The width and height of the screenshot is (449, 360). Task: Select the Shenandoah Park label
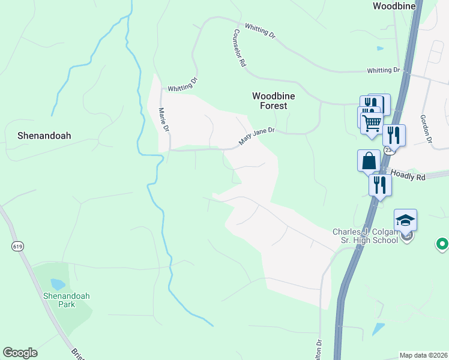[x=59, y=300]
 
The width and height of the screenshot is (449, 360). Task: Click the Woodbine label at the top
[x=394, y=7]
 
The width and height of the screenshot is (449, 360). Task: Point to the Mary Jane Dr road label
[x=256, y=136]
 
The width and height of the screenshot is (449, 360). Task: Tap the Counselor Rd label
[x=240, y=48]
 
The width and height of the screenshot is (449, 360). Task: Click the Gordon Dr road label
[x=427, y=129]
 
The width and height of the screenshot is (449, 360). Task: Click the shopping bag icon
[x=369, y=161]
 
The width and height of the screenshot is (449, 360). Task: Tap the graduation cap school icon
[x=405, y=220]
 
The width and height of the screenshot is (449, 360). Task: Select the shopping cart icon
[x=372, y=122]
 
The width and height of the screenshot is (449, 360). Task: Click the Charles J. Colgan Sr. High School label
[x=366, y=236]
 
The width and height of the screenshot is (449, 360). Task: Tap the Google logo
[x=20, y=353]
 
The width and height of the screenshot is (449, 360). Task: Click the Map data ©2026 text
[x=423, y=355]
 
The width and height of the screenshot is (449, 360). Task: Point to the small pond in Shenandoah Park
[x=58, y=284]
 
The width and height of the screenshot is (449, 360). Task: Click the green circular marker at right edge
[x=442, y=244]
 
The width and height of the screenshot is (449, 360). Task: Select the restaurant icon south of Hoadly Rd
[x=380, y=184]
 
